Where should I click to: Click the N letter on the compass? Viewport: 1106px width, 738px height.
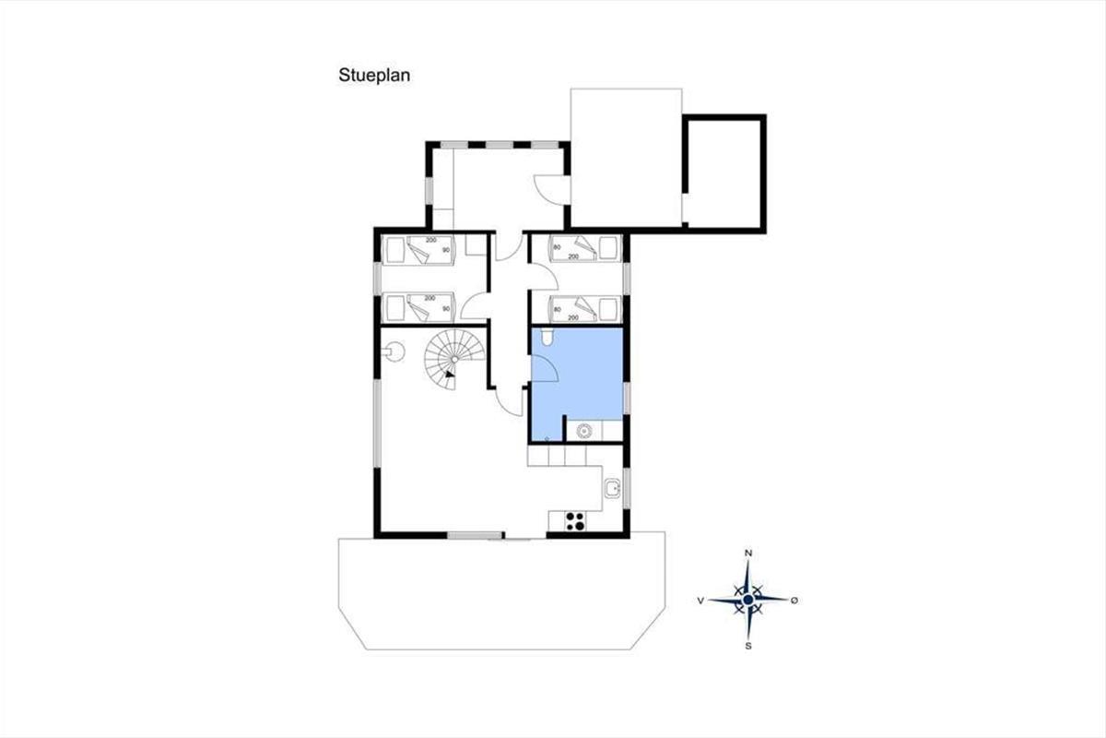coord(748,553)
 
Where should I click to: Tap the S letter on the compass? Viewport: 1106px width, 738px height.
coord(748,646)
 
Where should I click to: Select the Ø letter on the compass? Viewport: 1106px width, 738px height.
coord(794,601)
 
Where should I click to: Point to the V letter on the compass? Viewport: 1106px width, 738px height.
coord(700,601)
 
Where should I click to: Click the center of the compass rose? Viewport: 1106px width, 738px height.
coord(748,600)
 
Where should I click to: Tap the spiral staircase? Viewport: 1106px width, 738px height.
coord(454,359)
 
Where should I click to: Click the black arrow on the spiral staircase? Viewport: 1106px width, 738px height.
coord(450,374)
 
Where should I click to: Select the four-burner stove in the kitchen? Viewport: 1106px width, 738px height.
coord(576,521)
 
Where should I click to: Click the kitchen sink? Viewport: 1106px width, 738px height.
coord(613,488)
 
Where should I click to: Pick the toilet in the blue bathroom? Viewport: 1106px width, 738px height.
coord(547,337)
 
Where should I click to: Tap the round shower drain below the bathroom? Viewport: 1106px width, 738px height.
coord(584,431)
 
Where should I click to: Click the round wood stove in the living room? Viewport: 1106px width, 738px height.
coord(394,352)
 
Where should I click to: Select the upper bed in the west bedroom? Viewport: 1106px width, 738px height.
coord(418,250)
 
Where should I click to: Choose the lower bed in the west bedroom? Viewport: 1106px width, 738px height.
coord(418,307)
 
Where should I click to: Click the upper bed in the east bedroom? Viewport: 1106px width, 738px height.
coord(585,248)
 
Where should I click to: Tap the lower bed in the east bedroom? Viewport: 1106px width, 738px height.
coord(585,309)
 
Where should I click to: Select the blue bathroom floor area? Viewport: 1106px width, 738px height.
coord(577,375)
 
